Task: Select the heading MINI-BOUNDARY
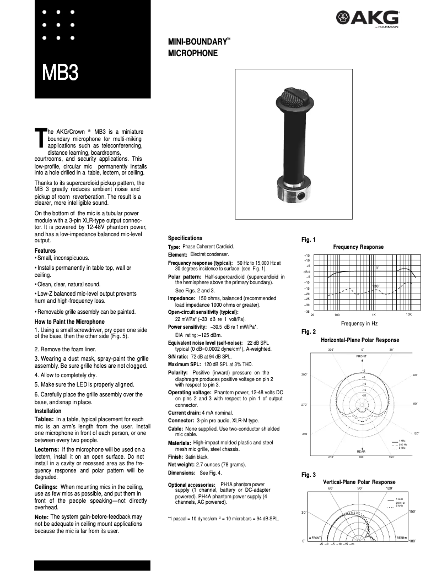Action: (199, 42)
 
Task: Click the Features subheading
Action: (45, 251)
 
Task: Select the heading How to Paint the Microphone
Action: (69, 322)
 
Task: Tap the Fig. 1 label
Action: (308, 240)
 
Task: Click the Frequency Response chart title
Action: (358, 247)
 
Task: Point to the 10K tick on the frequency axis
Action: (408, 314)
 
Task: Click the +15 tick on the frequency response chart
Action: (307, 256)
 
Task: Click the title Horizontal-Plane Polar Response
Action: (359, 340)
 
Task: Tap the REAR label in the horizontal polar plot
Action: (362, 451)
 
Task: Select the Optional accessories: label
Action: (191, 485)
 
